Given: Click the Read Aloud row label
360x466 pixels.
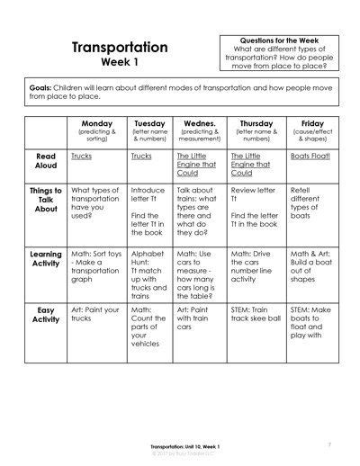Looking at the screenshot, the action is tap(46, 161).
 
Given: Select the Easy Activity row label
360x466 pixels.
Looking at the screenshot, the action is tap(46, 316).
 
